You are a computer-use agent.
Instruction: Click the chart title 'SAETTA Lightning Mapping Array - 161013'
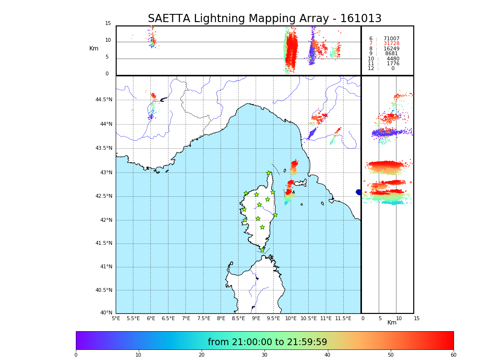(x=264, y=19)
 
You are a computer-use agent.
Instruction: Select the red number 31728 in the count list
(x=391, y=44)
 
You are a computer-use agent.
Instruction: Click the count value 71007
(x=391, y=38)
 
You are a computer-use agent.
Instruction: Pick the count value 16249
(x=391, y=48)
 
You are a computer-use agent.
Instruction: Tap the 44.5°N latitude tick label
(x=104, y=100)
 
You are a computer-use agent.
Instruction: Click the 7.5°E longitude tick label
(x=204, y=318)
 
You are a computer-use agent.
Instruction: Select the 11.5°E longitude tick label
(x=343, y=318)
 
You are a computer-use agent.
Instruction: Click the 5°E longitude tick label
(x=116, y=318)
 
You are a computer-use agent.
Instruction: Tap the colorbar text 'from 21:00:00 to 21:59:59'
(x=267, y=342)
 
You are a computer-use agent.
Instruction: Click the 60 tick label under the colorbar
(x=453, y=355)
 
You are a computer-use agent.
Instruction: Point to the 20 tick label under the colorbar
(x=202, y=355)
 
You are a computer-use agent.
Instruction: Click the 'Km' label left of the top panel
(x=94, y=48)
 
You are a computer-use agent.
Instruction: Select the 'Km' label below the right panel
(x=392, y=323)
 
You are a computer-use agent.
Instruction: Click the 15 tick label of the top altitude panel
(x=108, y=24)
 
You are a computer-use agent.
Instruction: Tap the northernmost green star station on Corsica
(x=269, y=173)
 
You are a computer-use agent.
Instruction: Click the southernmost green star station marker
(x=262, y=250)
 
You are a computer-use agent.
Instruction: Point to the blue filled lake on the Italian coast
(x=359, y=192)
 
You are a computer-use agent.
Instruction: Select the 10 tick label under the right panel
(x=399, y=318)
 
